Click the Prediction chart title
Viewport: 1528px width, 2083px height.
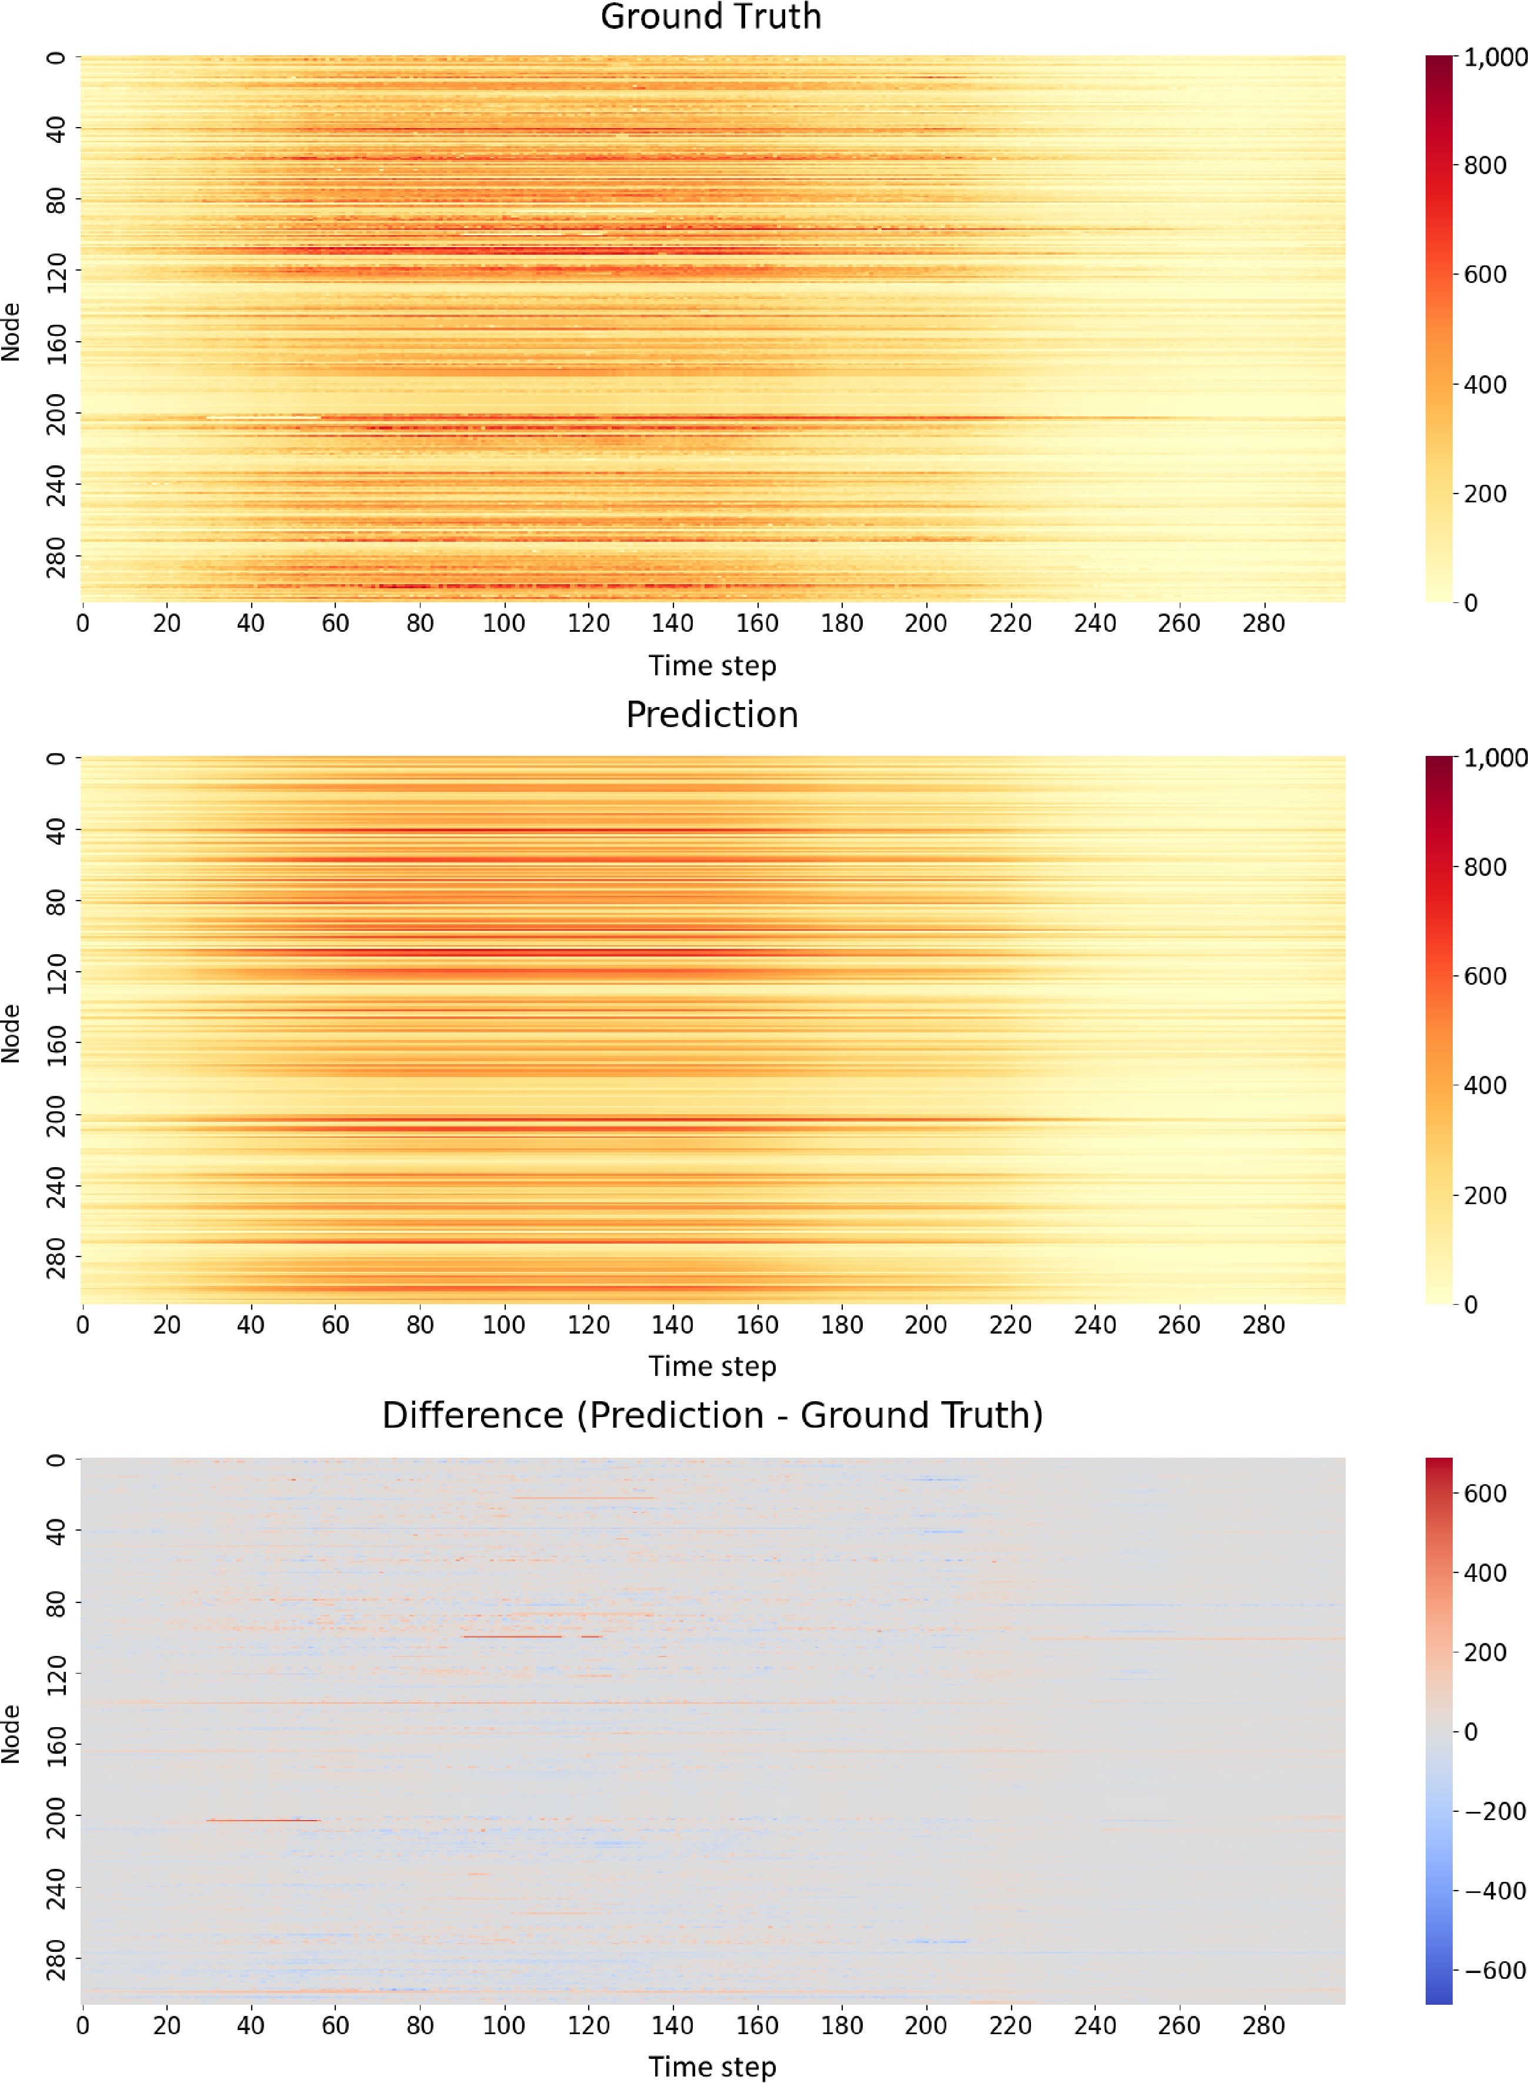(711, 715)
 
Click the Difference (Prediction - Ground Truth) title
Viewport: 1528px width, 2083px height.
(712, 1415)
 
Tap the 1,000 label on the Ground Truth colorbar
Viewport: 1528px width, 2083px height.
(1494, 57)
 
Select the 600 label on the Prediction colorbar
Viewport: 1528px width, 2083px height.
(1484, 976)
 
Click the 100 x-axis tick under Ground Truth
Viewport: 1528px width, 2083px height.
(504, 624)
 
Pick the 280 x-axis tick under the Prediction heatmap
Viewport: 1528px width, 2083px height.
(1263, 1325)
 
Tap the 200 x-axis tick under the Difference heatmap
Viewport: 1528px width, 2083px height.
(926, 2026)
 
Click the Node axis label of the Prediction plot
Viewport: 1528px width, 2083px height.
(11, 1033)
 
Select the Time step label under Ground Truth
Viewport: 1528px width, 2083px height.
(712, 666)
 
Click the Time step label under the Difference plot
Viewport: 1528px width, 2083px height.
(712, 2067)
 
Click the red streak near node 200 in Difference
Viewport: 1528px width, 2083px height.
(263, 1820)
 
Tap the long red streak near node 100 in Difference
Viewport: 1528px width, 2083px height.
(512, 1637)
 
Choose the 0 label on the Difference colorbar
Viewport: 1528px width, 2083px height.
(1470, 1731)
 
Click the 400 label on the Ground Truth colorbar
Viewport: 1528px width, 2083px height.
(1484, 384)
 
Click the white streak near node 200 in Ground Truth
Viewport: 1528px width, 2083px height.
(263, 418)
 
